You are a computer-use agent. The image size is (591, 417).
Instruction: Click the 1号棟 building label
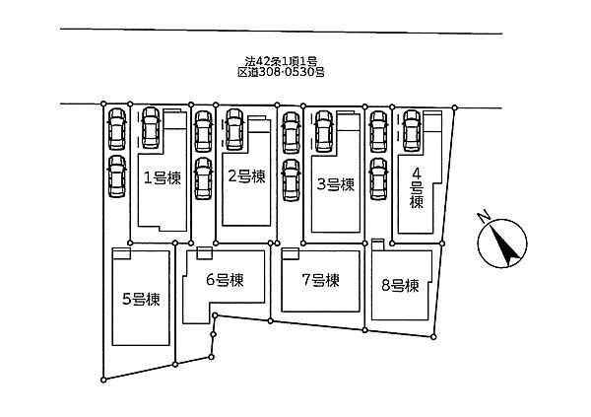click(163, 177)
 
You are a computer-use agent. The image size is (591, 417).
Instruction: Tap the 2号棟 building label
click(246, 176)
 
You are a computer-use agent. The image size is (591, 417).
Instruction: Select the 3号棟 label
click(336, 184)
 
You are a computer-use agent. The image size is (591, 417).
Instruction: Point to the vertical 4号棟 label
click(417, 188)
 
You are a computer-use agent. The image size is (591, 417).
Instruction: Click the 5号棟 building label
click(141, 300)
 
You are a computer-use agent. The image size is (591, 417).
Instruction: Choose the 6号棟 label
click(225, 280)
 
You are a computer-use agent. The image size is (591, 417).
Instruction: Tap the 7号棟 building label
click(320, 280)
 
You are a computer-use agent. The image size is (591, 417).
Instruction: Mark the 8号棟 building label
click(400, 286)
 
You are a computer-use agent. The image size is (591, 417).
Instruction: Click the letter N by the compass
click(483, 217)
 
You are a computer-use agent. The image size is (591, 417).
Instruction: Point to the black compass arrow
click(504, 245)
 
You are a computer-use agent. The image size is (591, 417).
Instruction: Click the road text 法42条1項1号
click(281, 61)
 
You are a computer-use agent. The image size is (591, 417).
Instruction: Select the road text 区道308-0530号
click(281, 72)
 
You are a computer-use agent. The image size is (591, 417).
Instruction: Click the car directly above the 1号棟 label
click(151, 127)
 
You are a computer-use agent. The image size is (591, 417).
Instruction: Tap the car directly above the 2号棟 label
click(234, 129)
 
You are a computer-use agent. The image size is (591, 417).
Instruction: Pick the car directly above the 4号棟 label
click(412, 130)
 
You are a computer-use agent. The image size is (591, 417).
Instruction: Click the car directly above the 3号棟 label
click(324, 131)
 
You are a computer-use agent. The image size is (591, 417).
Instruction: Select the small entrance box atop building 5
click(121, 253)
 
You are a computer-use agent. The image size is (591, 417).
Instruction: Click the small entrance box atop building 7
click(291, 253)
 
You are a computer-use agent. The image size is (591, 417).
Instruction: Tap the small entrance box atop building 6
click(205, 253)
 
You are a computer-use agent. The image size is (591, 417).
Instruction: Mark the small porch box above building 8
click(377, 244)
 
